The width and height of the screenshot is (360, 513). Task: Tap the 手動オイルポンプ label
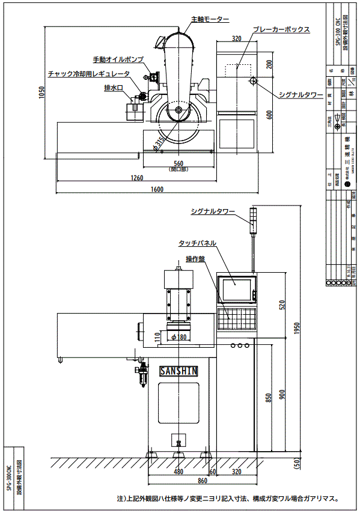118,60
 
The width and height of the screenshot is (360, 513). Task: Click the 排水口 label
114,88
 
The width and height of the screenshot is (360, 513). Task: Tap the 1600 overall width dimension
157,190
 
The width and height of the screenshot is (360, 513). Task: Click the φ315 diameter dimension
159,142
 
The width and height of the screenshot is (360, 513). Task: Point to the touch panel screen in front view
238,290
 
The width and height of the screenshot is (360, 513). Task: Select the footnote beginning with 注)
229,498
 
